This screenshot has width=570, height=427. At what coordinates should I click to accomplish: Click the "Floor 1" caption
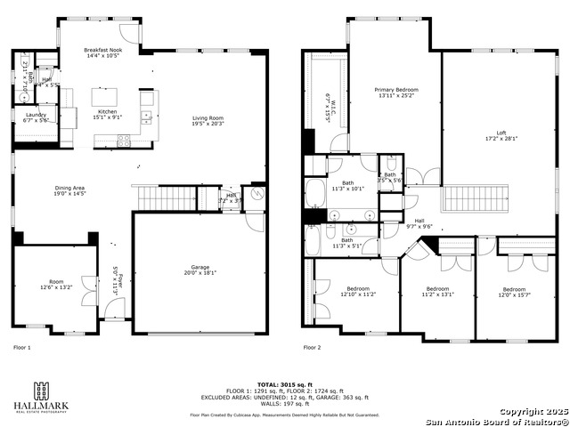pyautogui.click(x=22, y=348)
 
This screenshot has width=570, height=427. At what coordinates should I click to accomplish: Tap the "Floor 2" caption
pyautogui.click(x=312, y=348)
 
